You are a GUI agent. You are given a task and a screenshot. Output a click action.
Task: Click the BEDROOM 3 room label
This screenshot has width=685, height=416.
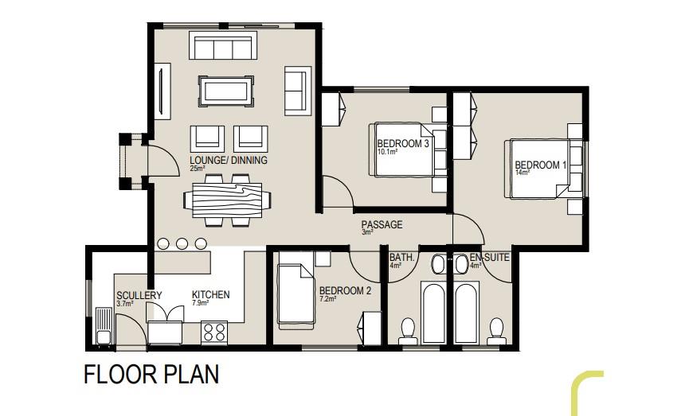point(403,143)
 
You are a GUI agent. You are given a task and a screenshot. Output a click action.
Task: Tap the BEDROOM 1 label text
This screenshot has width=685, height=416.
point(540,165)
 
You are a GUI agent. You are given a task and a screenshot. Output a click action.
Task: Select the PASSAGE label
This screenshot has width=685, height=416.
point(382,224)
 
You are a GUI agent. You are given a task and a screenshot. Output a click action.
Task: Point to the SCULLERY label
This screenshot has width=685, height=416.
point(139,295)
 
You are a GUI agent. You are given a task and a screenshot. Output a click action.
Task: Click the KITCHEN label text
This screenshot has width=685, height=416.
point(210,295)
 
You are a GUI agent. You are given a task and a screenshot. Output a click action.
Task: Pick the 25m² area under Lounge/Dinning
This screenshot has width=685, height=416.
point(197,168)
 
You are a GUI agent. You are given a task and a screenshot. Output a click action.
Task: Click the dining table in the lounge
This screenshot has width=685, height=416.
point(227,200)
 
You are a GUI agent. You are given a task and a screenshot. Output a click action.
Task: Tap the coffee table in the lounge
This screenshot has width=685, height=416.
point(226,91)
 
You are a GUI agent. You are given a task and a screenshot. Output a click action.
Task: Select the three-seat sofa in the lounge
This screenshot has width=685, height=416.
point(223,45)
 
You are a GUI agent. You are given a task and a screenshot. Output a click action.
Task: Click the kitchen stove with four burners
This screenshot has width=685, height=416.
point(214,331)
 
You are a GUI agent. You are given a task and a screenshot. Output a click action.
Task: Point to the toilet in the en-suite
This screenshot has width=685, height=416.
point(496,332)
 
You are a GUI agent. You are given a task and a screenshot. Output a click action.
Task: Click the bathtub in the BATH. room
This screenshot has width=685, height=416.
point(433,312)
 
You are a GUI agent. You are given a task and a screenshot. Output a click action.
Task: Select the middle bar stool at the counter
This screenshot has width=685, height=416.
point(182,243)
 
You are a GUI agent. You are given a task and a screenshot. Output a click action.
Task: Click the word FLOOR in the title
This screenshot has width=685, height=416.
point(119,375)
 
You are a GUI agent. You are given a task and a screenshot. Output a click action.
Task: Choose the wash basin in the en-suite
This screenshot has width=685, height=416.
point(461,263)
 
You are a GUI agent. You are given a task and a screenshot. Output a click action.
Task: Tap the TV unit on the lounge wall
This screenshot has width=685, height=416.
point(162,91)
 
